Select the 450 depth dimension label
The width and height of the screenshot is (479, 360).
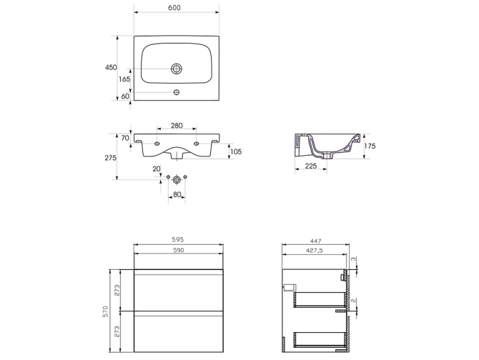click(111, 67)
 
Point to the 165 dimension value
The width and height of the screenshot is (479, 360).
click(124, 79)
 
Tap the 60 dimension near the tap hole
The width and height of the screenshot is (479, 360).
click(125, 96)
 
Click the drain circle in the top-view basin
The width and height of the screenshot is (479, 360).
click(176, 69)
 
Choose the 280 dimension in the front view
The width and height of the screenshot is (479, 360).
click(177, 126)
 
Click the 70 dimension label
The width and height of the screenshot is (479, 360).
click(125, 138)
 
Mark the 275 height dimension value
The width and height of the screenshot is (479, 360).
click(111, 158)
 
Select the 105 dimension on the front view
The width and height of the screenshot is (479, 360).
click(235, 151)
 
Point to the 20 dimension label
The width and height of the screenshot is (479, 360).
click(156, 169)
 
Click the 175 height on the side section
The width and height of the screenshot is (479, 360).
click(369, 146)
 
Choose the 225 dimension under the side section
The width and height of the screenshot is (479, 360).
click(312, 166)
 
